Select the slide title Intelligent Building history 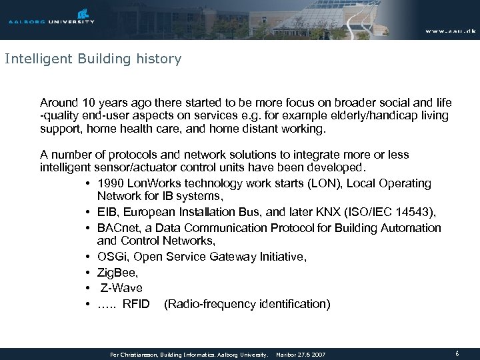point(93,59)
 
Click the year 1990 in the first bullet point(109,183)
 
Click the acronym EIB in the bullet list point(107,213)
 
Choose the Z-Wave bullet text point(121,288)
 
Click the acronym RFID point(137,304)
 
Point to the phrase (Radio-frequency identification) point(247,304)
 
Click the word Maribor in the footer point(289,354)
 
